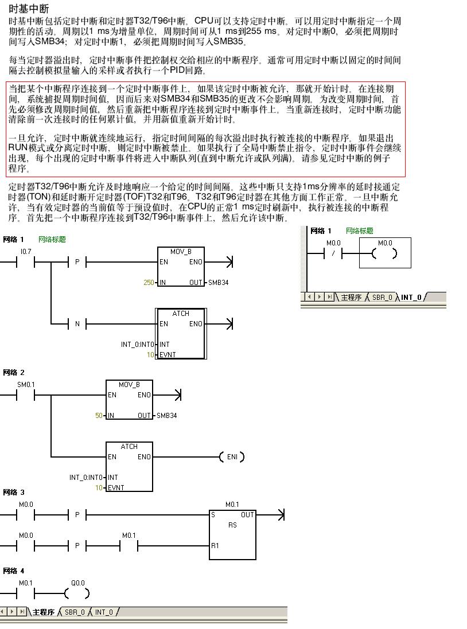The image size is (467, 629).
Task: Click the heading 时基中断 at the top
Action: pyautogui.click(x=29, y=9)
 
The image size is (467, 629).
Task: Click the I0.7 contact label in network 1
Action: pyautogui.click(x=25, y=251)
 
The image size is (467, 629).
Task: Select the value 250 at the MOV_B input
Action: pyautogui.click(x=149, y=283)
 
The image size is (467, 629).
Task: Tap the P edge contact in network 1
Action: pyautogui.click(x=77, y=263)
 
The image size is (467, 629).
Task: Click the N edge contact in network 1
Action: pyautogui.click(x=77, y=324)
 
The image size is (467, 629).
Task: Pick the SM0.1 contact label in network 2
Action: pyautogui.click(x=26, y=384)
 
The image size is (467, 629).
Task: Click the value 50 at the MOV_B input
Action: pyautogui.click(x=99, y=416)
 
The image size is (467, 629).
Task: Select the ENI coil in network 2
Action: pyautogui.click(x=232, y=457)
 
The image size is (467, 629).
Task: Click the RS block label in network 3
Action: pyautogui.click(x=232, y=525)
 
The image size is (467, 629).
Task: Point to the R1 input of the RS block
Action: pyautogui.click(x=215, y=546)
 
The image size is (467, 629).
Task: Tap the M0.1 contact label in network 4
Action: pyautogui.click(x=26, y=583)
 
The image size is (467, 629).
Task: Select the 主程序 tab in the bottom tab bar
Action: pyautogui.click(x=43, y=612)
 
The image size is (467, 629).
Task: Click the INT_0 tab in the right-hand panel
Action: pyautogui.click(x=411, y=297)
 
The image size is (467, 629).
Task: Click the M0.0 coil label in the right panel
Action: pyautogui.click(x=385, y=243)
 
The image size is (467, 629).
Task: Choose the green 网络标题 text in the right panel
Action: pyautogui.click(x=359, y=230)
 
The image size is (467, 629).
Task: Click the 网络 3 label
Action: pyautogui.click(x=14, y=493)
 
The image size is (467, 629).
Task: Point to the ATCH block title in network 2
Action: pyautogui.click(x=129, y=447)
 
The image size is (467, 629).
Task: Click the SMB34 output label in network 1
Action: pyautogui.click(x=218, y=283)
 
